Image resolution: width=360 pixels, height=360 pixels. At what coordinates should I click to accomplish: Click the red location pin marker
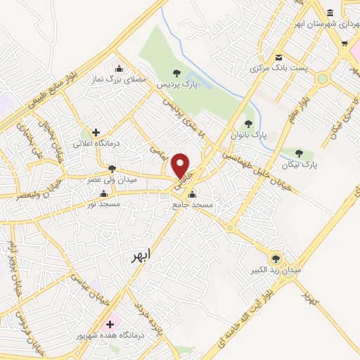pyautogui.click(x=181, y=166)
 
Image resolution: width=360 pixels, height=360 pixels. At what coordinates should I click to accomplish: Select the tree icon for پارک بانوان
pyautogui.click(x=247, y=124)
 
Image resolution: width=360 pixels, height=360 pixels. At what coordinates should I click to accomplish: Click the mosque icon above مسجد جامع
pyautogui.click(x=192, y=194)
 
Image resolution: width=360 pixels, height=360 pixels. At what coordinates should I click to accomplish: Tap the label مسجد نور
pyautogui.click(x=101, y=205)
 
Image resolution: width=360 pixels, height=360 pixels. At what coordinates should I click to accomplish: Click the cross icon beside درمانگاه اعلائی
pyautogui.click(x=96, y=131)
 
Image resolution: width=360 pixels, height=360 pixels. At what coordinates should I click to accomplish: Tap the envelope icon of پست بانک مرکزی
pyautogui.click(x=278, y=57)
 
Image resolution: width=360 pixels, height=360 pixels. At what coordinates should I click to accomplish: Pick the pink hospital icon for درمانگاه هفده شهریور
pyautogui.click(x=108, y=325)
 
